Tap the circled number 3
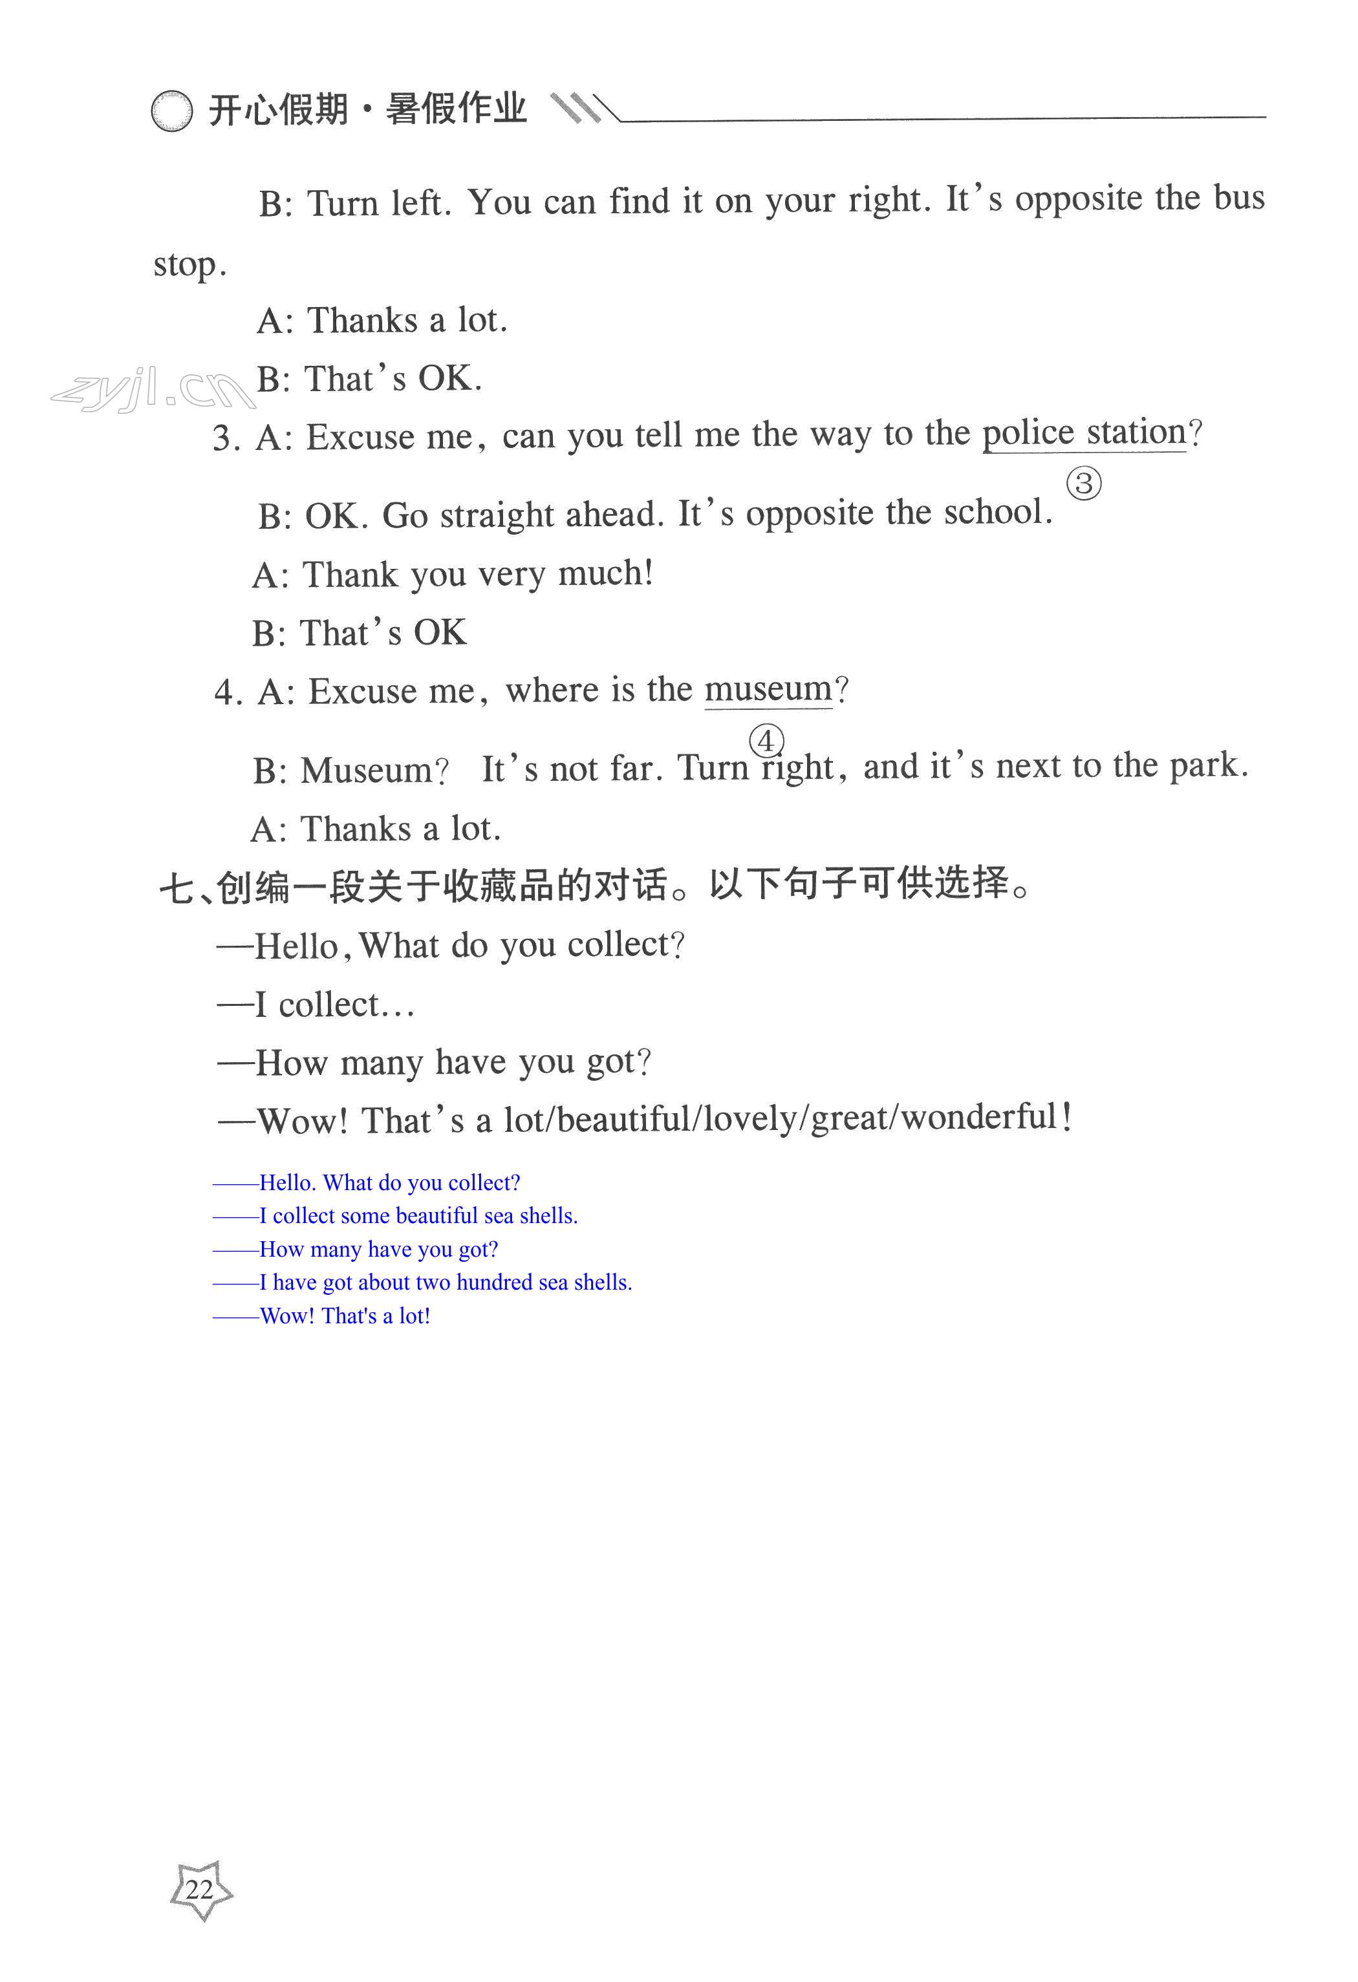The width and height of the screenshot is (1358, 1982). click(x=1083, y=484)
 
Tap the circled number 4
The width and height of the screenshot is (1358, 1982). click(x=766, y=740)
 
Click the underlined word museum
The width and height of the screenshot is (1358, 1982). click(x=768, y=689)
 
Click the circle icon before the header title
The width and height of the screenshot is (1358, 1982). click(x=171, y=111)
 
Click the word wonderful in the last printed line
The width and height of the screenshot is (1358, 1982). click(x=978, y=1117)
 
